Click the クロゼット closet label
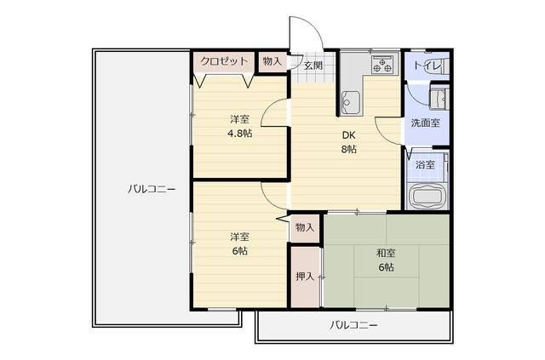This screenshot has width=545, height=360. [x=225, y=61]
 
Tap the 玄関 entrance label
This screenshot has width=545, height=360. [x=313, y=66]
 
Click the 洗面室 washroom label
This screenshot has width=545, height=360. [x=425, y=123]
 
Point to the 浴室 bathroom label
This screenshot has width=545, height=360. [x=425, y=164]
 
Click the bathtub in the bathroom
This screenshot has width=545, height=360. [x=428, y=195]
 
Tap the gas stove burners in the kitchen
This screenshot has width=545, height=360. [x=382, y=64]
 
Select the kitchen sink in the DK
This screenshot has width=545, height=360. [x=352, y=102]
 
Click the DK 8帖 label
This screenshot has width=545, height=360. [x=349, y=142]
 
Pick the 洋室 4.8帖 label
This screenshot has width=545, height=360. [x=239, y=126]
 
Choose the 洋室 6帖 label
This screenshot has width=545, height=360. [x=238, y=243]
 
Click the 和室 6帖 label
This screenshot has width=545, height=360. [x=386, y=260]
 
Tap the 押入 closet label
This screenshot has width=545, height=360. [x=304, y=277]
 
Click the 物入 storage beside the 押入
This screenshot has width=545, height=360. [x=304, y=227]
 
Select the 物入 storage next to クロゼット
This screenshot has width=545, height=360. [x=272, y=61]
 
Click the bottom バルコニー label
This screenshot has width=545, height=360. [x=353, y=326]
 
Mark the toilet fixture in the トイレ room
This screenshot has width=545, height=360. [x=441, y=66]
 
